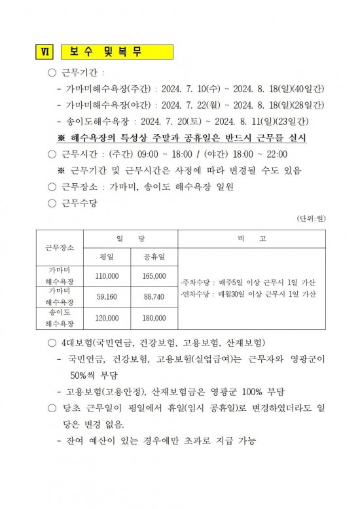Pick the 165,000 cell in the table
point(154,276)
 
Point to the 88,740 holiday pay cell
point(154,296)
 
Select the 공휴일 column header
point(154,256)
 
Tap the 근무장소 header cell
point(60,248)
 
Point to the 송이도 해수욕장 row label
point(60,318)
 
